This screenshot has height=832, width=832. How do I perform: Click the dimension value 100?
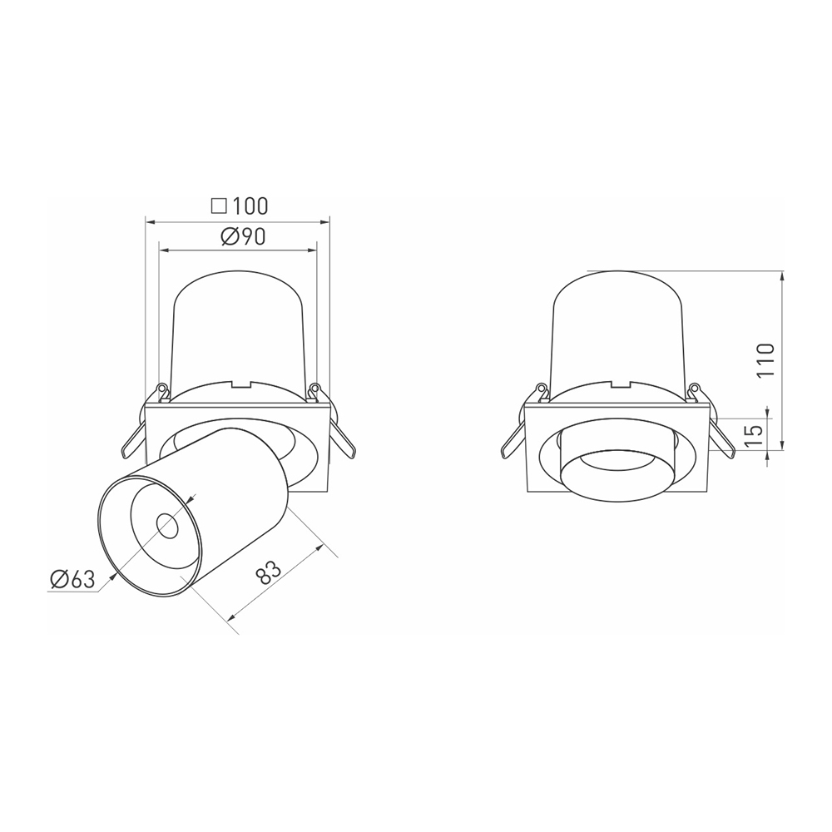(x=250, y=206)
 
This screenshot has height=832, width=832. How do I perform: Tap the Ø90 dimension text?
(x=242, y=237)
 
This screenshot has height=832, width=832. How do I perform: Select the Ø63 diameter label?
(x=72, y=579)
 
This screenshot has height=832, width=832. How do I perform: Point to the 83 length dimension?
(x=267, y=572)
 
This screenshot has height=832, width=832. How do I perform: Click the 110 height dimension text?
(x=765, y=360)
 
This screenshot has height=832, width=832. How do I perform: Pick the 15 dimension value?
(x=754, y=434)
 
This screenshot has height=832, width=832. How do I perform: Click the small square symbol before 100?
(x=219, y=206)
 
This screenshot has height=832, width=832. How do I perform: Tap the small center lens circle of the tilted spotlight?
(x=167, y=527)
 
